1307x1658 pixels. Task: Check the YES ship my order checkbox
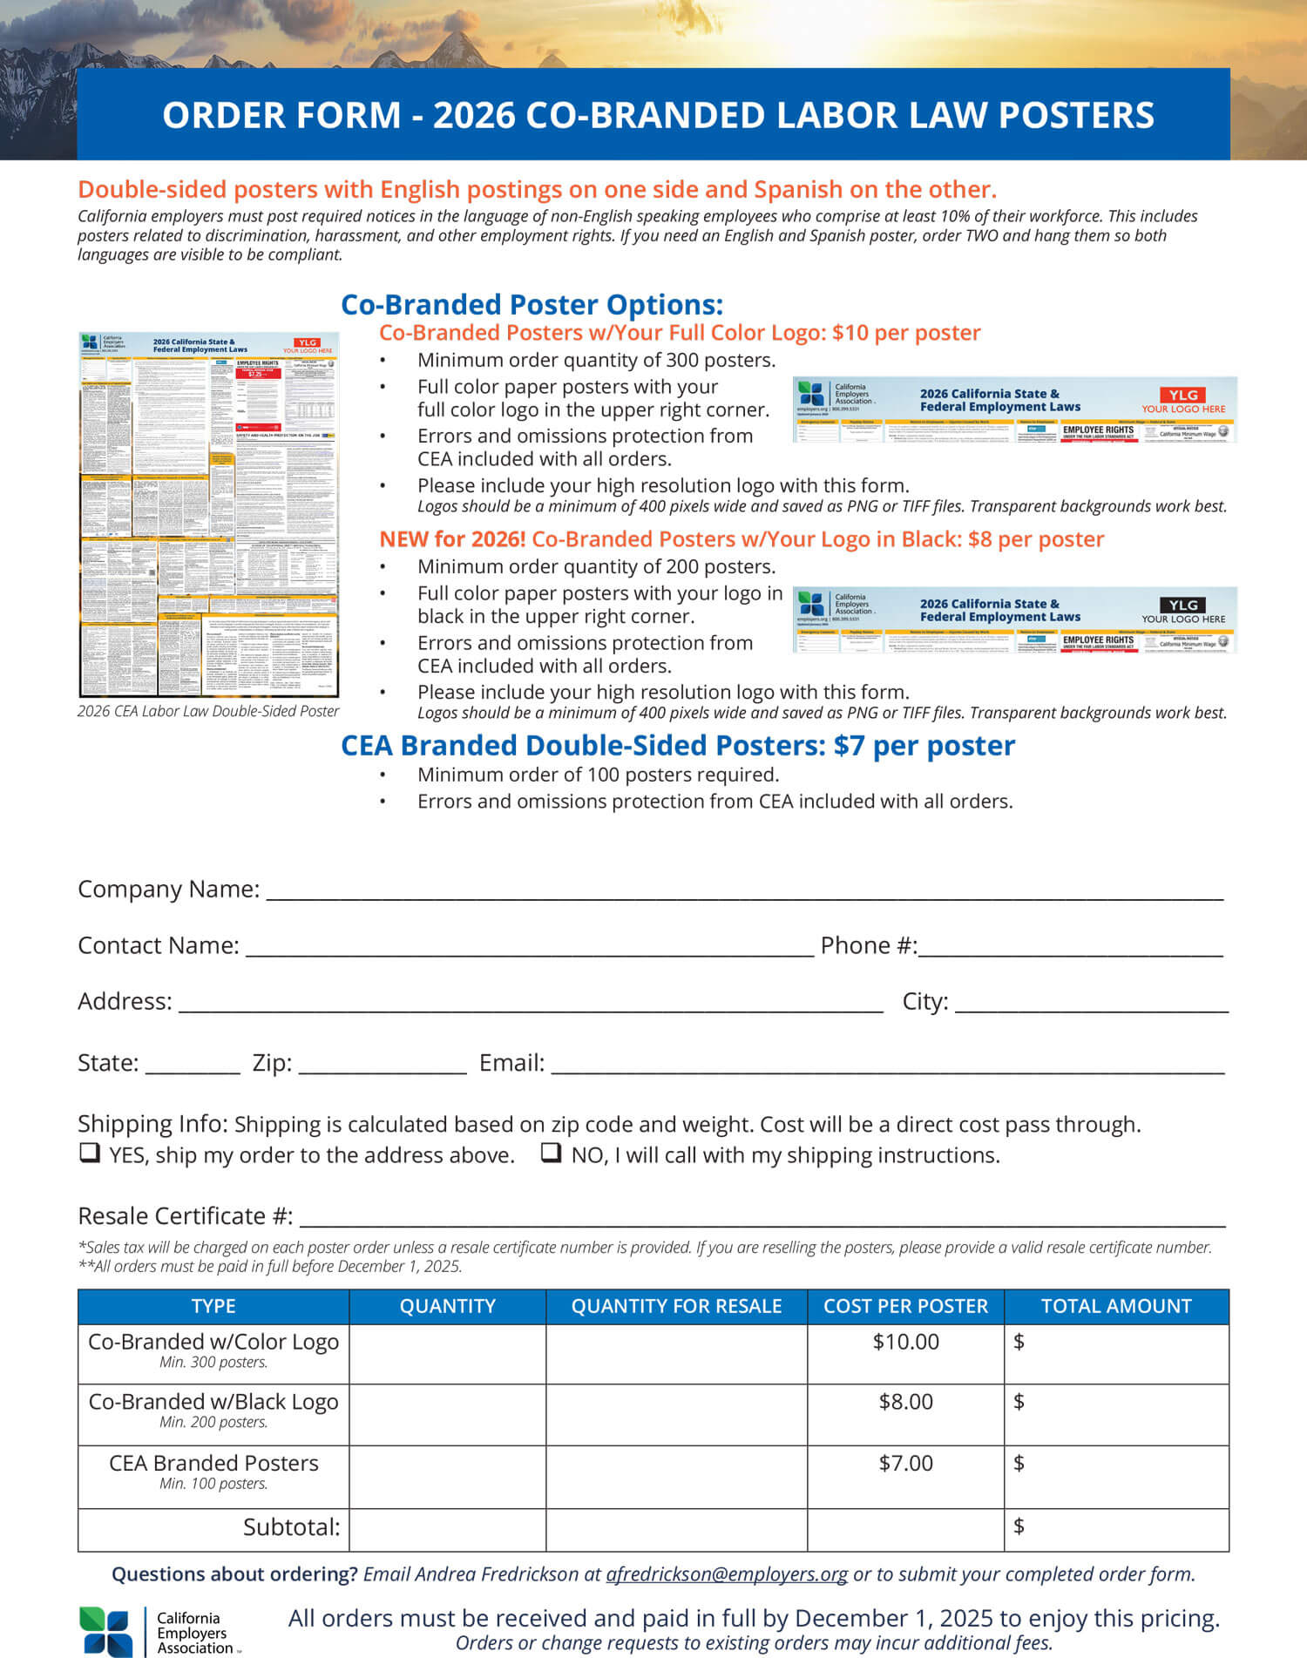89,1153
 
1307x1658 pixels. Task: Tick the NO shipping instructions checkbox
551,1153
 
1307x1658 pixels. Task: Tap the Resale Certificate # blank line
762,1218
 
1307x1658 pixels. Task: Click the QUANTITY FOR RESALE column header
676,1306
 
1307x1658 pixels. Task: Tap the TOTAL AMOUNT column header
1115,1306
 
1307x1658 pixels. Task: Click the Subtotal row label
291,1527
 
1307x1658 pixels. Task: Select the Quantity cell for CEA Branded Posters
447,1477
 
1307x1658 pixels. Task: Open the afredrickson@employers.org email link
727,1574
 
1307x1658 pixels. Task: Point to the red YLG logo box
1182,395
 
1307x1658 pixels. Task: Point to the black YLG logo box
1182,605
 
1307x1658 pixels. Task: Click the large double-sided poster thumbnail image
208,514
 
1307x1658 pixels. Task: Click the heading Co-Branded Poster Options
532,305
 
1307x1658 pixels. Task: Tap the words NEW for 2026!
451,539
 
